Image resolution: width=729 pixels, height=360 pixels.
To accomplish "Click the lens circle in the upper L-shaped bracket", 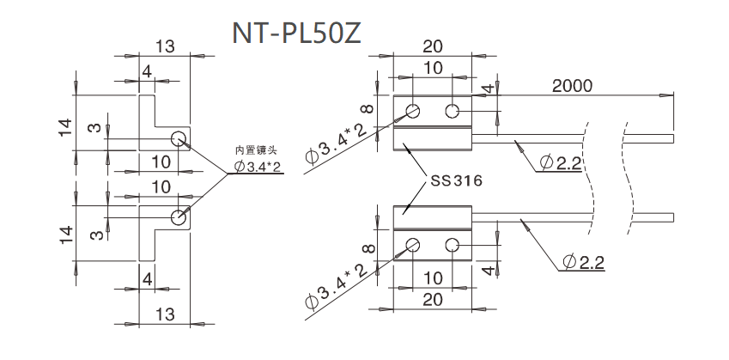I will click(179, 139).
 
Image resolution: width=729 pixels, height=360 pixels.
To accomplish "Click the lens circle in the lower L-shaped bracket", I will click(179, 217).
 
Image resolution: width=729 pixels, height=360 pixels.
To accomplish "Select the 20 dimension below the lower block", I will click(434, 298).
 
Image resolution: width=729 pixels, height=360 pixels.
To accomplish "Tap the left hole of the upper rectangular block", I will click(413, 111).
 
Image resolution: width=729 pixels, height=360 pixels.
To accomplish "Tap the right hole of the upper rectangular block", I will click(453, 111).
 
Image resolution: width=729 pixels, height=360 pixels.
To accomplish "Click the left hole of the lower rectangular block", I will click(413, 245).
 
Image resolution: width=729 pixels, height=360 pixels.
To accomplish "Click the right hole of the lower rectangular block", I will click(453, 245).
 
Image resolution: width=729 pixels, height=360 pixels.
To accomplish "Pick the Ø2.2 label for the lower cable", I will click(584, 261).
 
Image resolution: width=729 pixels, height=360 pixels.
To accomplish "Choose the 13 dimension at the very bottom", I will click(164, 318).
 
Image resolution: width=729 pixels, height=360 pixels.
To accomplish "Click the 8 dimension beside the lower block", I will click(368, 249).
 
